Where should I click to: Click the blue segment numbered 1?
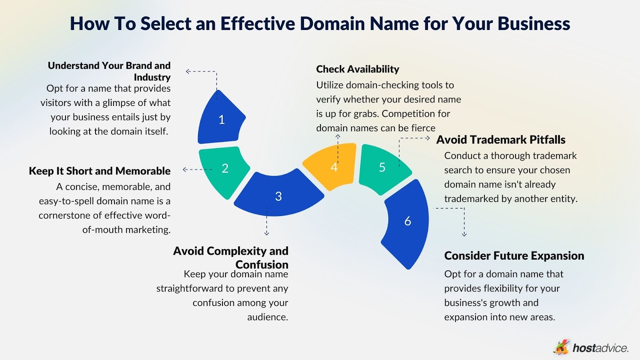(221, 119)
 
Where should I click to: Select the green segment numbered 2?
(225, 168)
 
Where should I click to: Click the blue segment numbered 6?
(408, 221)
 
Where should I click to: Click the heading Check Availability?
(358, 69)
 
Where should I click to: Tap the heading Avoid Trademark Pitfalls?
(501, 140)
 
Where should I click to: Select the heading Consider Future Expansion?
(514, 256)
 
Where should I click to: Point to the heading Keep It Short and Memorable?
(100, 171)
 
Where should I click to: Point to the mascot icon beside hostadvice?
(562, 347)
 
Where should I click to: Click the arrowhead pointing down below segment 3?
(267, 233)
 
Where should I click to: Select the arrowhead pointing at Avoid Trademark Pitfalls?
(428, 138)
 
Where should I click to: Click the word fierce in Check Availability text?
(423, 128)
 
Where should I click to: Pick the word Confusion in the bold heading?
(262, 264)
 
